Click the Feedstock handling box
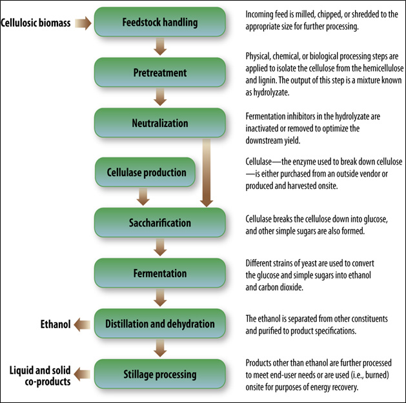pyautogui.click(x=159, y=23)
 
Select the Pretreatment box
pyautogui.click(x=159, y=73)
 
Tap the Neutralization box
pyautogui.click(x=159, y=123)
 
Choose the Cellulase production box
pyautogui.click(x=147, y=172)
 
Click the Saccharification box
pyautogui.click(x=159, y=222)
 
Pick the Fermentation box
pyautogui.click(x=159, y=273)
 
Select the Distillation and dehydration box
pyautogui.click(x=159, y=323)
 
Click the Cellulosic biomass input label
pyautogui.click(x=36, y=24)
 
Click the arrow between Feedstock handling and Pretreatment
pyautogui.click(x=159, y=48)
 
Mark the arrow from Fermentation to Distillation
pyautogui.click(x=159, y=298)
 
